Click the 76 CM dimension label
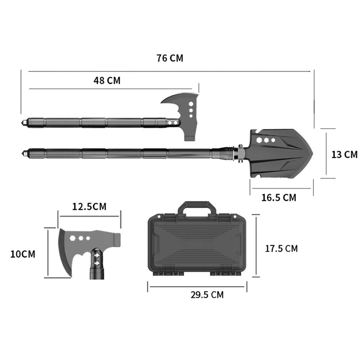pos(170,58)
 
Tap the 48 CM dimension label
pos(107,80)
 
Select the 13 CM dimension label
pos(345,154)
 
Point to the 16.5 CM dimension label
pos(279,197)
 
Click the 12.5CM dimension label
pos(89,207)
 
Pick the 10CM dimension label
pos(23,254)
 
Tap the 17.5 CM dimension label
pos(281,248)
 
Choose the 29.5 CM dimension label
pos(207,295)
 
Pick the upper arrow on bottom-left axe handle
pos(97,256)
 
